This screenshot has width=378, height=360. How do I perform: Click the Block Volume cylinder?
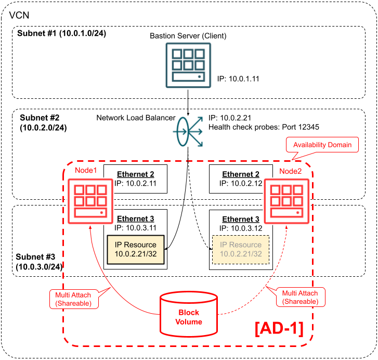click(x=188, y=314)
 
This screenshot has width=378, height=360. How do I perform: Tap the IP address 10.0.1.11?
click(x=238, y=79)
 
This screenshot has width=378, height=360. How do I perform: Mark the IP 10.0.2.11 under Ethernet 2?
click(x=136, y=184)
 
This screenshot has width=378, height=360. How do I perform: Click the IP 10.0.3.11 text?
click(x=136, y=227)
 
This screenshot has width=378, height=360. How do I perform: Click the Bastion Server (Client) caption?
click(x=188, y=36)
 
